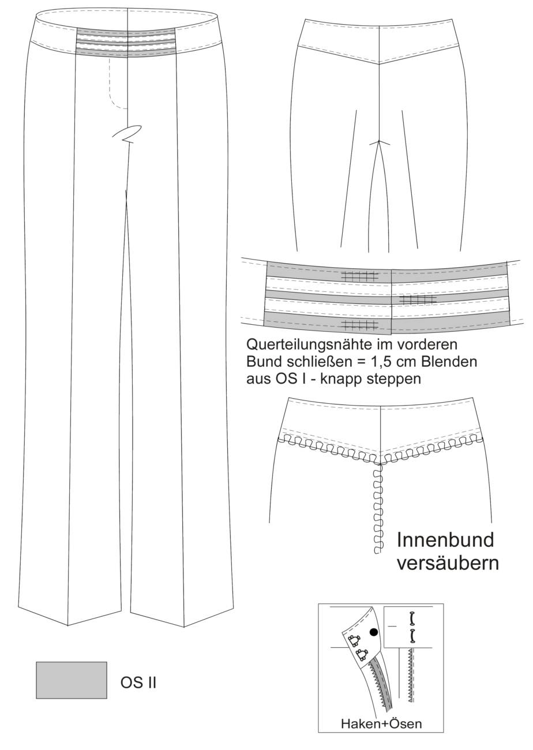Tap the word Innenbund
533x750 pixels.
point(445,540)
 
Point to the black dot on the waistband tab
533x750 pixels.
point(374,641)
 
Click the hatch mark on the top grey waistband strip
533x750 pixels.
point(359,276)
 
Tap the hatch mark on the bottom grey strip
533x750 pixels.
point(359,324)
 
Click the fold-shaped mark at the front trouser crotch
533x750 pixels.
point(126,133)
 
